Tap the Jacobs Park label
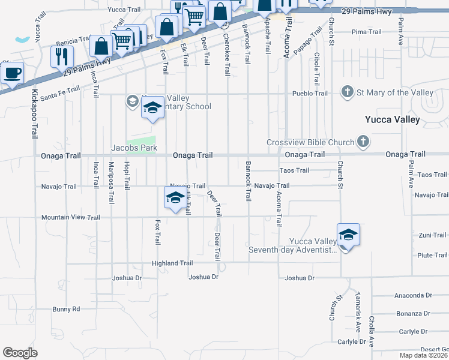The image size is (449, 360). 133,147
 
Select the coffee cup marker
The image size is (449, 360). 12,74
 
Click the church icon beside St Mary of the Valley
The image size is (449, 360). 346,92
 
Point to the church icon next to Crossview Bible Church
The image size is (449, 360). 363,142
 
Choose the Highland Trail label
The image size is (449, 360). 172,263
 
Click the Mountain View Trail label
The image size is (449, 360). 71,218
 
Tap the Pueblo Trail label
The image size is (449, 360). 310,93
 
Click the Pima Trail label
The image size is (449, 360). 367,32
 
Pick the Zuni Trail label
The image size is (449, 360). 433,235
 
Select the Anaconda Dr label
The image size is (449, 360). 413,295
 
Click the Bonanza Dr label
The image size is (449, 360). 414,313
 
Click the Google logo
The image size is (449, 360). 20,352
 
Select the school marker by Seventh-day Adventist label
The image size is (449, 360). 348,235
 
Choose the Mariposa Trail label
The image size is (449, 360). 111,175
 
